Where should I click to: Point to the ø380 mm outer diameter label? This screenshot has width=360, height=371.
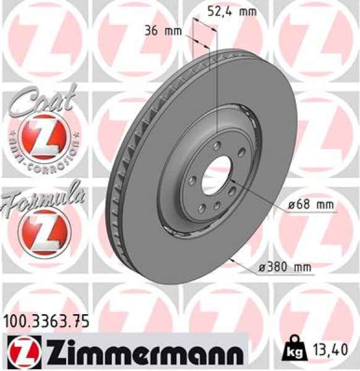(285, 267)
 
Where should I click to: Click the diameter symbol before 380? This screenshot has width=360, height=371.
(262, 267)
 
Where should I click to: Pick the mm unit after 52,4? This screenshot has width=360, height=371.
(248, 11)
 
